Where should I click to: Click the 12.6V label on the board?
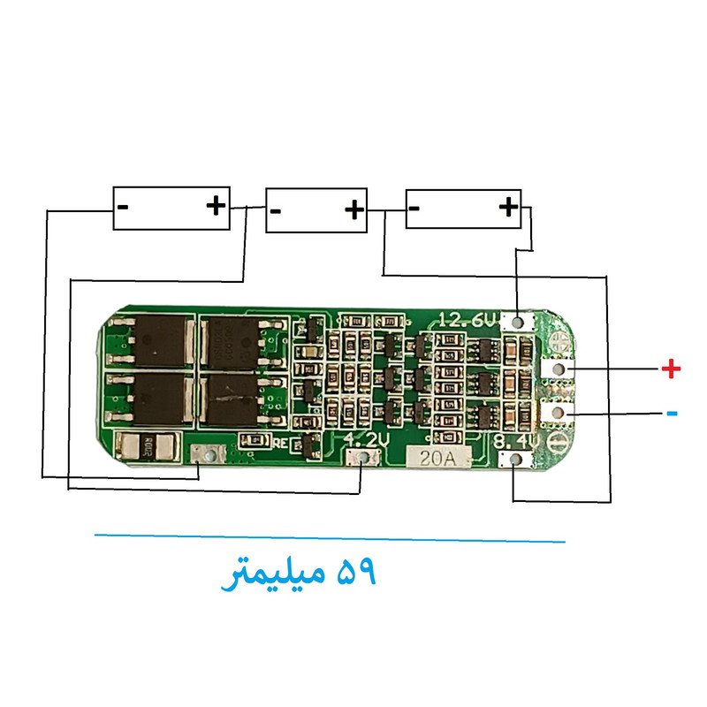(467, 320)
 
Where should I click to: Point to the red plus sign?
(672, 369)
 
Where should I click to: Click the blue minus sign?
(672, 413)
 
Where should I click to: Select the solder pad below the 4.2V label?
(363, 457)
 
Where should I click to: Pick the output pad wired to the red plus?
(558, 369)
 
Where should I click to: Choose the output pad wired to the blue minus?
(558, 411)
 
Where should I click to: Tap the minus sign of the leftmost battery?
(123, 208)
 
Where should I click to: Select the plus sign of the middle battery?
(353, 209)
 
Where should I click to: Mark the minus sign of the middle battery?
(276, 211)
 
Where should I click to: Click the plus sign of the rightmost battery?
(508, 208)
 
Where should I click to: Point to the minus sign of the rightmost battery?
(414, 209)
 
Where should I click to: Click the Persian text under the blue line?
(300, 574)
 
